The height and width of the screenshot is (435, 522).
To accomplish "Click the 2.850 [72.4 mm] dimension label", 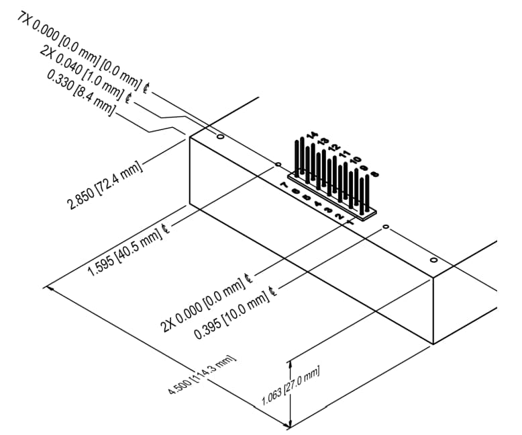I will [x=107, y=186].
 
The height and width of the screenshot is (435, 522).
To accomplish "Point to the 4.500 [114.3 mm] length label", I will [x=202, y=379].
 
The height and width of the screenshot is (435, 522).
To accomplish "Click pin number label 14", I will [x=311, y=136].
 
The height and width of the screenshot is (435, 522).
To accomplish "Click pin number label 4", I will [x=317, y=204].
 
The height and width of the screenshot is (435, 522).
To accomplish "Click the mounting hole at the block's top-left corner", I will [x=220, y=137].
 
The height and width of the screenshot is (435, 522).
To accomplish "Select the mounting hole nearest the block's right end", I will [x=433, y=260].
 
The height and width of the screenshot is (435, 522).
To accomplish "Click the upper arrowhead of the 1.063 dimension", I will [x=290, y=360].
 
